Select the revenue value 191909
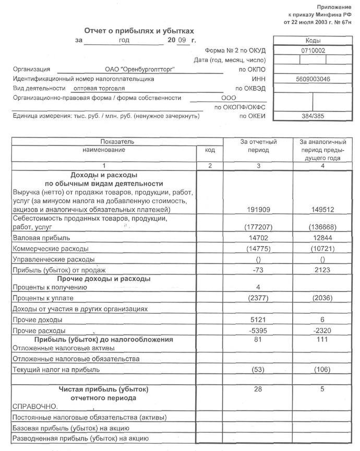[258, 210]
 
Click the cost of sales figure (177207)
[258, 228]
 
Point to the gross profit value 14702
[258, 238]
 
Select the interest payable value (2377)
[258, 298]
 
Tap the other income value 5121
[258, 319]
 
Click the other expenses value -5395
[258, 331]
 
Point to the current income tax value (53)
[258, 370]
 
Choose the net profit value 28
[258, 389]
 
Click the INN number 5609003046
[313, 79]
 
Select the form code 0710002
[313, 50]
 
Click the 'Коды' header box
[313, 40]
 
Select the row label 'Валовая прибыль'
[35, 238]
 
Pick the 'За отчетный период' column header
[258, 146]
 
